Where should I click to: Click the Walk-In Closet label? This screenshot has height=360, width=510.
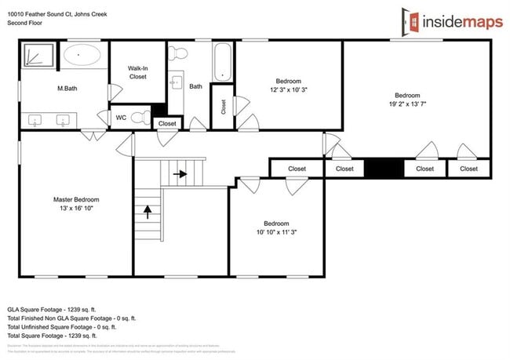click(137, 73)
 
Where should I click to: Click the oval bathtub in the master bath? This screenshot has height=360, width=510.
click(82, 56)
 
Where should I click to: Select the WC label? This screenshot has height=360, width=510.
click(121, 118)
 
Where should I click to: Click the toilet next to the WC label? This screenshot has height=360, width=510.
click(140, 118)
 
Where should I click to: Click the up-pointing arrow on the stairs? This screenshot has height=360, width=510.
click(147, 210)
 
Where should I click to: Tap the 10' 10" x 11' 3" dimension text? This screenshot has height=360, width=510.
click(276, 231)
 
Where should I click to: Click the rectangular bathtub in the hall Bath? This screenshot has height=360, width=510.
click(221, 63)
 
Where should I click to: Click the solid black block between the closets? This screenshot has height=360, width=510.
click(384, 169)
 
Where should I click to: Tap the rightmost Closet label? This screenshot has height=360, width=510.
click(468, 169)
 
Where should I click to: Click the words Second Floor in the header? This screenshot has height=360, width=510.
click(25, 24)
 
